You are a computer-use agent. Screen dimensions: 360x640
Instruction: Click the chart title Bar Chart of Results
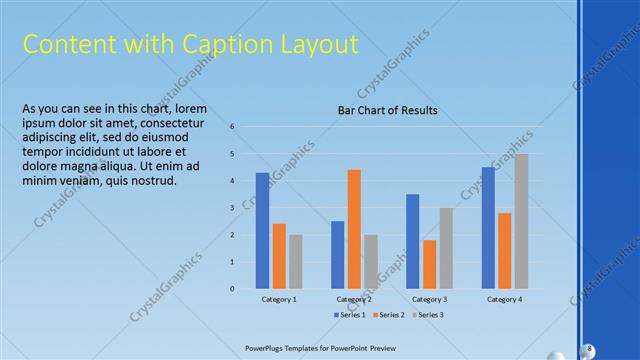tap(388, 110)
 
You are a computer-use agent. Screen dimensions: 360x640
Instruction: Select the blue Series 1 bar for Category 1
tap(262, 231)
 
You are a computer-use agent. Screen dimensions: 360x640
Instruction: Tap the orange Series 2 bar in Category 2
tap(354, 229)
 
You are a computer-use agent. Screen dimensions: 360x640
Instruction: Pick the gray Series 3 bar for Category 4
tap(521, 221)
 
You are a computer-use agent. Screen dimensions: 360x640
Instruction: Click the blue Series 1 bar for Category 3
tap(412, 241)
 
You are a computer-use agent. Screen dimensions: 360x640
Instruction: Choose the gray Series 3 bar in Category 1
tap(296, 262)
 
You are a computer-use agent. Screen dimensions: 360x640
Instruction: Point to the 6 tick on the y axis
tap(232, 127)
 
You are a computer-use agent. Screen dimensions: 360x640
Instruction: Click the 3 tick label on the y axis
tap(232, 208)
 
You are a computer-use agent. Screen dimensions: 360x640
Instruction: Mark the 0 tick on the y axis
tap(232, 289)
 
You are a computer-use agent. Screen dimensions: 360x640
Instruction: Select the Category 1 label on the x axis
tap(279, 299)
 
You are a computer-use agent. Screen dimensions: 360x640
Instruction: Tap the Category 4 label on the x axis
tap(504, 299)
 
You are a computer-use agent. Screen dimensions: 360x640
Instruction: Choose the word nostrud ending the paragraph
tap(150, 181)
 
